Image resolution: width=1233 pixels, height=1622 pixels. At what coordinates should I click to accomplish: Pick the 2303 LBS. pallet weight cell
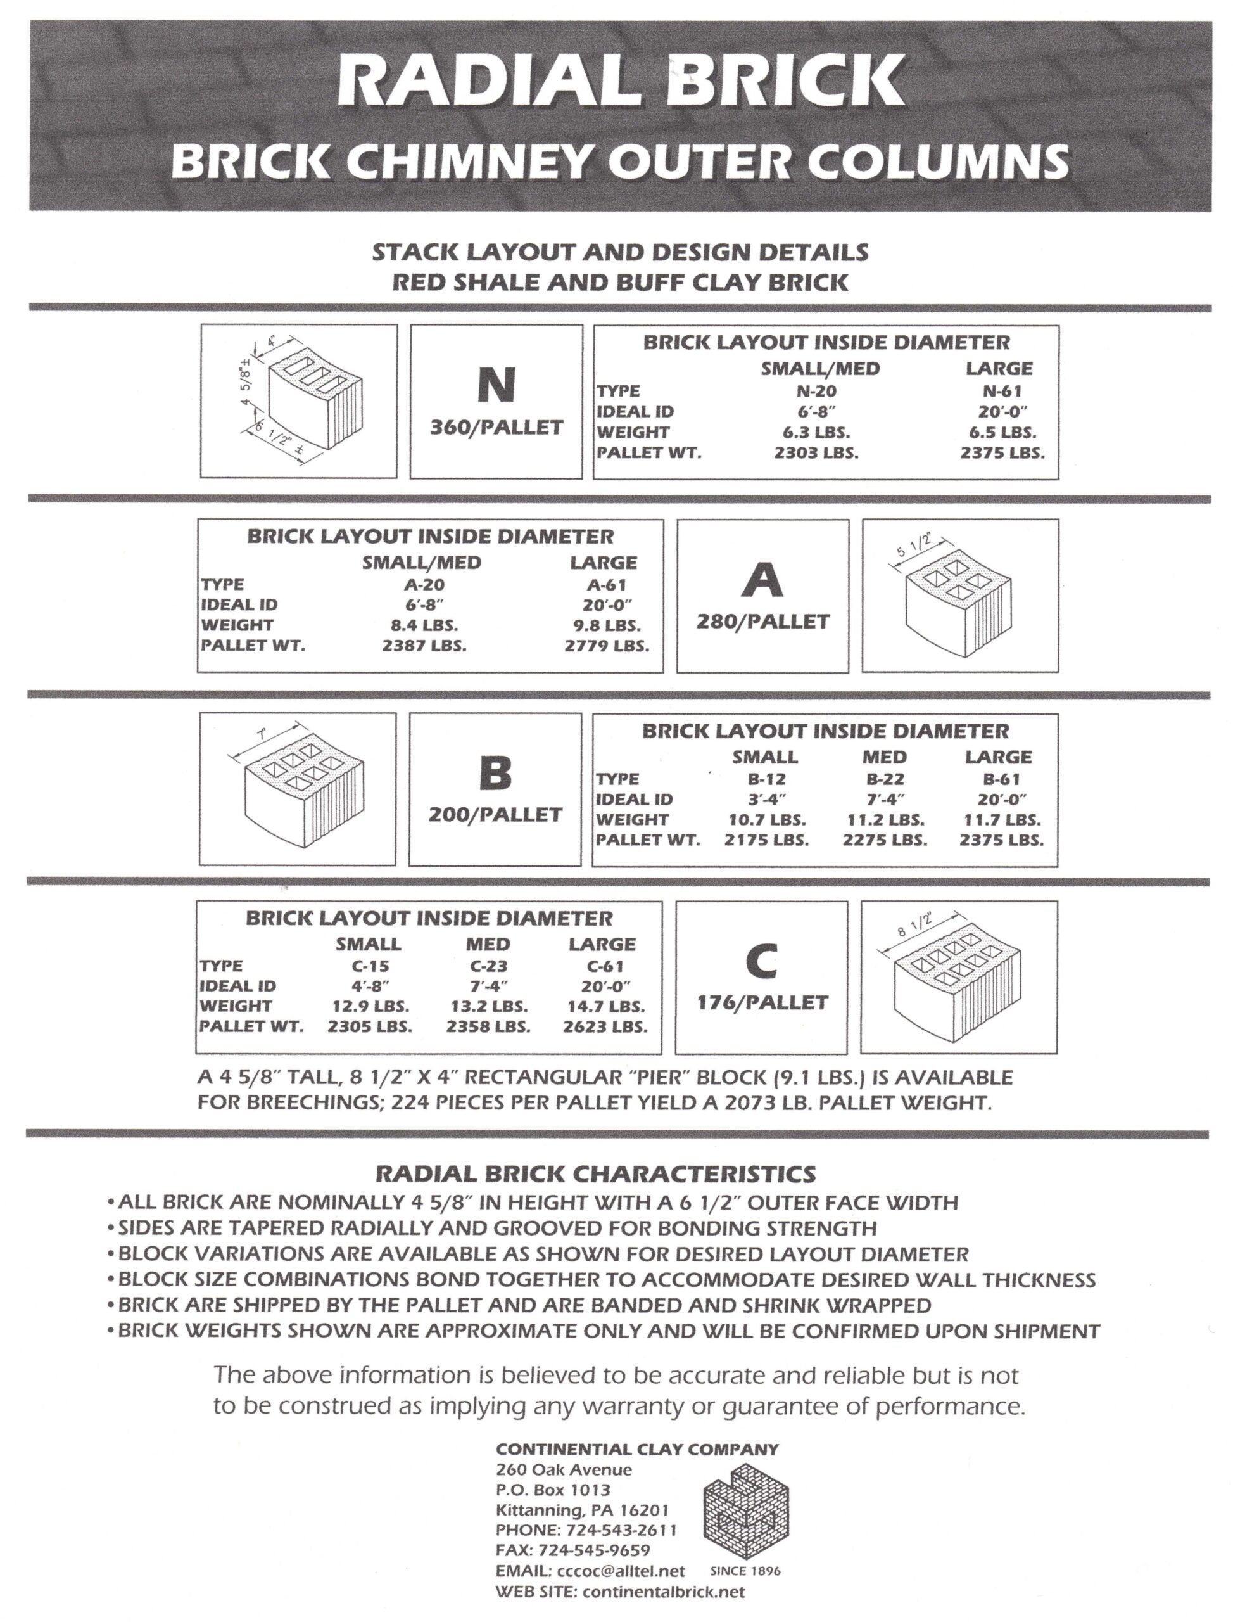coord(816,452)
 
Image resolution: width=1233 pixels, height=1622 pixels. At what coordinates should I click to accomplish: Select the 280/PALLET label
coord(762,622)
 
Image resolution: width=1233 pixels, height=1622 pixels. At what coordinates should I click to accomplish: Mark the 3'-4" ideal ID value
coord(766,799)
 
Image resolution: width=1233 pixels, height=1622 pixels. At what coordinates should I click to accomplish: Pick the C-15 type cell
coord(369,966)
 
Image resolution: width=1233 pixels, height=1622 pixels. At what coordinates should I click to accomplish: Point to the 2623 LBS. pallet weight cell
coord(605,1026)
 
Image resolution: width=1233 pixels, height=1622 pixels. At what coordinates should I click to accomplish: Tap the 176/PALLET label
coord(761,1003)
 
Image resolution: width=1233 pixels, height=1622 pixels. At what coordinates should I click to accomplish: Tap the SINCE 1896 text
coord(745,1571)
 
